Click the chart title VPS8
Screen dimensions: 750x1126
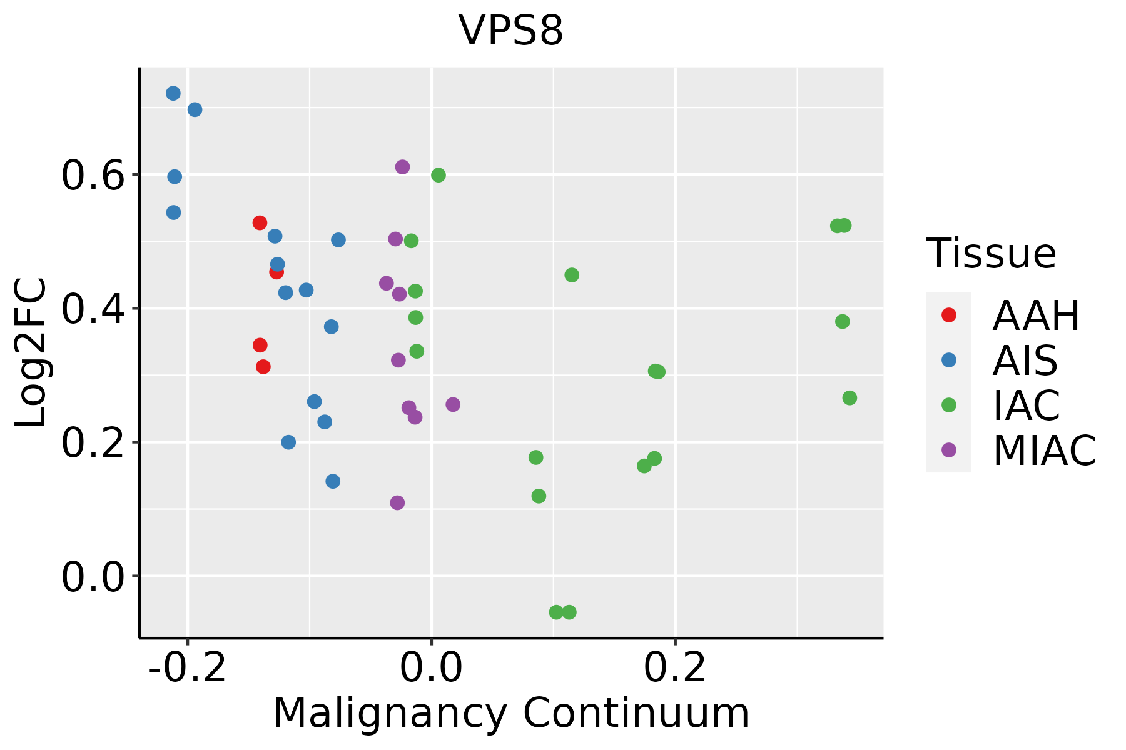(511, 31)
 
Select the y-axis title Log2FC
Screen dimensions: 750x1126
(31, 353)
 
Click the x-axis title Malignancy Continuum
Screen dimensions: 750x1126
(511, 713)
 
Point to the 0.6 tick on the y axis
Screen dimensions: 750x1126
(92, 176)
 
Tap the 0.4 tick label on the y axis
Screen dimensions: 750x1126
(92, 309)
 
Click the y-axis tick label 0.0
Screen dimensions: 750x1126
(92, 577)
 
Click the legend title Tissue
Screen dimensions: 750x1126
(992, 254)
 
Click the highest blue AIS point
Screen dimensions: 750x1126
(173, 93)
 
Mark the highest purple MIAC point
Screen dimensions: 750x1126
(403, 167)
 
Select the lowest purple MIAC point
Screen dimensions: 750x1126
(397, 502)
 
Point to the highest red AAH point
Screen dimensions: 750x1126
(260, 223)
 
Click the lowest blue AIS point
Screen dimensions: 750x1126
(333, 481)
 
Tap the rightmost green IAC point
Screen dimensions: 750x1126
(850, 398)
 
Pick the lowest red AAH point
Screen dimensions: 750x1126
(263, 367)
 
